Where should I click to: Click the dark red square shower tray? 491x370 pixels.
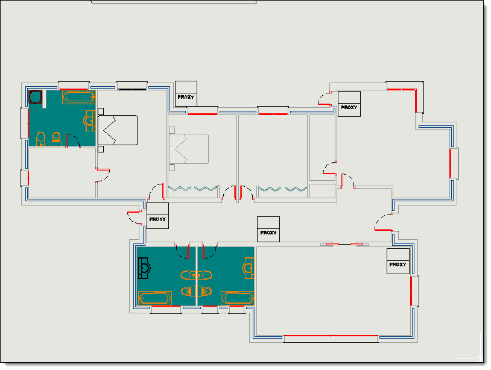click(36, 96)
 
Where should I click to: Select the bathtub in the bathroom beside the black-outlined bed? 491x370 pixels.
click(79, 97)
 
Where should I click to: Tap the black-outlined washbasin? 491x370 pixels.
click(144, 268)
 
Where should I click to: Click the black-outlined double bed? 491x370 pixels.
click(118, 130)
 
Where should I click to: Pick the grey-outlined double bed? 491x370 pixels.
click(189, 149)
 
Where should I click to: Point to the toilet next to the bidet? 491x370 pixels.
click(40, 139)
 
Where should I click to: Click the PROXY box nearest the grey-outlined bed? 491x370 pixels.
click(186, 93)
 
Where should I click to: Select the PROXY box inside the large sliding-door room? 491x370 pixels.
click(398, 261)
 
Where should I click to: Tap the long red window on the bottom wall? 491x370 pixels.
click(331, 336)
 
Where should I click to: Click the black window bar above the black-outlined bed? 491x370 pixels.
click(132, 89)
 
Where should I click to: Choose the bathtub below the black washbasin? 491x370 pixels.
click(155, 298)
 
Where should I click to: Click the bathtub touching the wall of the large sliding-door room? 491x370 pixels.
click(238, 298)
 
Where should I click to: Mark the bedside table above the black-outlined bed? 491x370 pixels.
click(101, 111)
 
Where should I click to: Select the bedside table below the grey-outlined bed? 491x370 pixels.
click(172, 168)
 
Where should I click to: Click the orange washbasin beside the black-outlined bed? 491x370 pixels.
click(89, 121)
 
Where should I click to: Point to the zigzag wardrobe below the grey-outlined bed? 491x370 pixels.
click(193, 189)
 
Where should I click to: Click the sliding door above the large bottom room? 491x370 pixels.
click(344, 244)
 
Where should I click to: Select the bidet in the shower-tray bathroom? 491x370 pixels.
click(56, 139)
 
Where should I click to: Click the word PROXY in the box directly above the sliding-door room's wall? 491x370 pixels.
click(268, 233)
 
